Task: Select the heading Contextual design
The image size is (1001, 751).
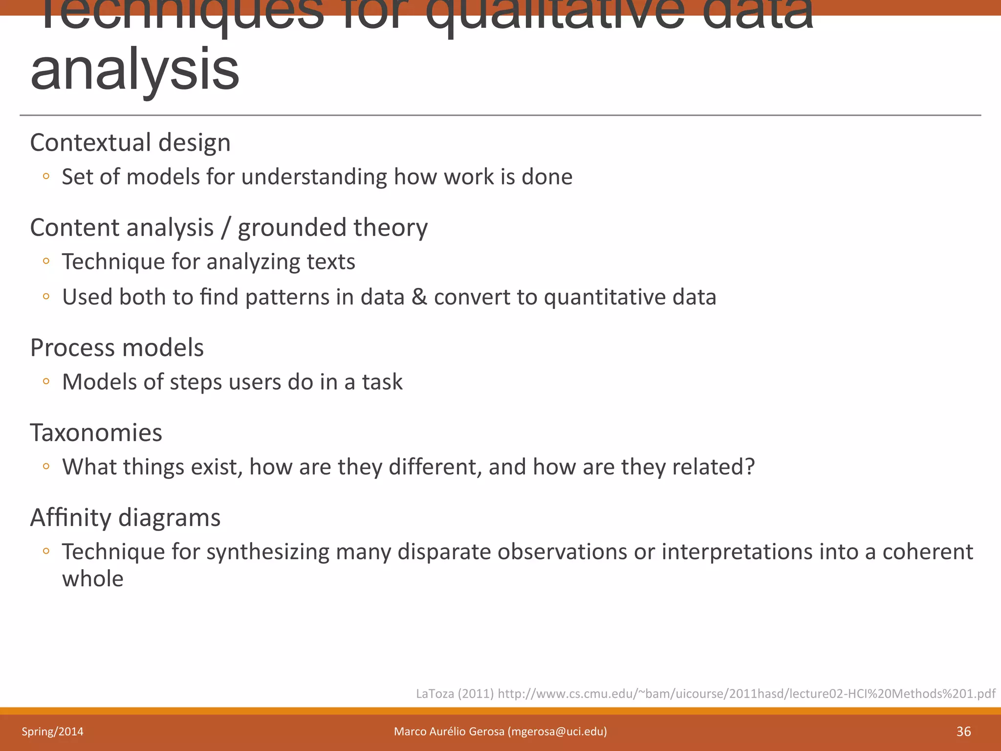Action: [130, 143]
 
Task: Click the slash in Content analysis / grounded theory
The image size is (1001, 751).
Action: [225, 228]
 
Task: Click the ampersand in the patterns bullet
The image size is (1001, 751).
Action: [419, 297]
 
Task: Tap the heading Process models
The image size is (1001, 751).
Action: [117, 348]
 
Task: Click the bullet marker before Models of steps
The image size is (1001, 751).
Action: [46, 381]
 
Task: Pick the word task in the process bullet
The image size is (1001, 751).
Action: [382, 382]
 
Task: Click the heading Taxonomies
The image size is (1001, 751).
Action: [96, 433]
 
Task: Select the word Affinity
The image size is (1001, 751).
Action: [71, 517]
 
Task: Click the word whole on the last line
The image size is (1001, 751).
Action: [93, 579]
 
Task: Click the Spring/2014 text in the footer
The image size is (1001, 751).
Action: [52, 731]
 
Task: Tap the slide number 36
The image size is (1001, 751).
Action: [963, 731]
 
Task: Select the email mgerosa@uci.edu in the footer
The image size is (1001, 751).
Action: [557, 731]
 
